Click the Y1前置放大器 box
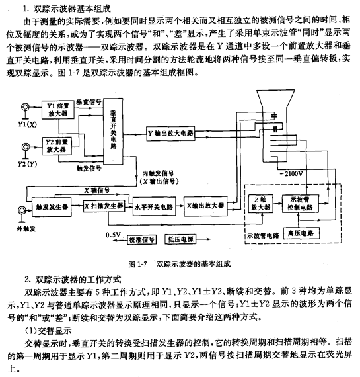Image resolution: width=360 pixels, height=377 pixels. pos(58,109)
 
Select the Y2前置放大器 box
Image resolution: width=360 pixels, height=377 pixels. pos(58,145)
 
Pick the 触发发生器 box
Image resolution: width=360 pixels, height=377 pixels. pos(49,206)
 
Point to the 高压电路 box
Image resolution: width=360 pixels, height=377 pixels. pos(305,233)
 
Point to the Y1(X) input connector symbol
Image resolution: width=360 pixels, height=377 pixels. pos(28,106)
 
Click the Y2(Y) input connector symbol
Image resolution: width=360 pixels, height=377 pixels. pos(28,144)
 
